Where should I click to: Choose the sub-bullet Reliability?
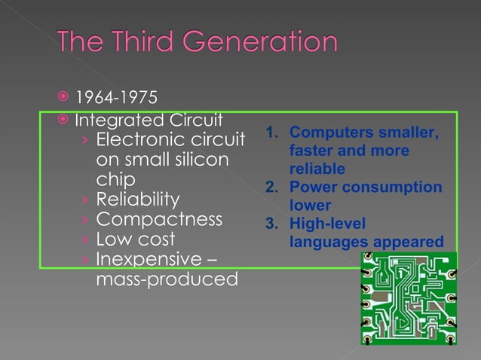tap(138, 200)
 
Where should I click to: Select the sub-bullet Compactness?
tap(159, 220)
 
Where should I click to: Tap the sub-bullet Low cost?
tap(136, 239)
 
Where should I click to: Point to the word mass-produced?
tap(167, 279)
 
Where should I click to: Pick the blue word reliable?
tap(317, 169)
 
